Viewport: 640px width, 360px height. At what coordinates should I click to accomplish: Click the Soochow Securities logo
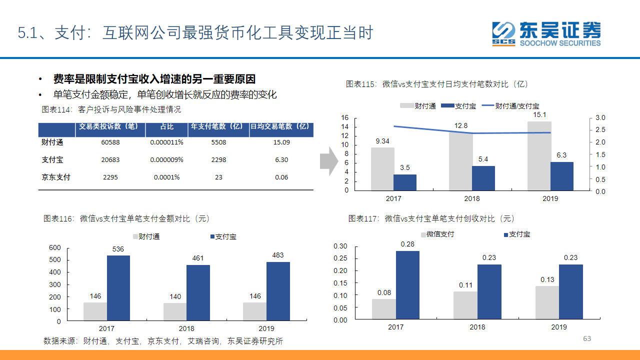(546, 34)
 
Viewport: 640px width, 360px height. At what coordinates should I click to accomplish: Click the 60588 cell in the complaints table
(110, 142)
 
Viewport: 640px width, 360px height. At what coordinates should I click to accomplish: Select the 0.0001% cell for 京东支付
(166, 177)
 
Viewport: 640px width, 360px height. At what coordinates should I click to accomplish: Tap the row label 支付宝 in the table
(52, 159)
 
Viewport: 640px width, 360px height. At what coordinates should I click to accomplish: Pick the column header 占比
(167, 126)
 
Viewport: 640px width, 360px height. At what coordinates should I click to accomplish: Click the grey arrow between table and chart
(329, 161)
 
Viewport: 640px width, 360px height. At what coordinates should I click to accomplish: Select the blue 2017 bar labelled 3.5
(405, 182)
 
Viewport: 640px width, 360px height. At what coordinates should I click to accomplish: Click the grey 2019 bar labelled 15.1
(539, 156)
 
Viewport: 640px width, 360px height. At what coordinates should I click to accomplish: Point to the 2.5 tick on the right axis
(600, 129)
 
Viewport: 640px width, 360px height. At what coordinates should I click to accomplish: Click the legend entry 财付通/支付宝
(510, 106)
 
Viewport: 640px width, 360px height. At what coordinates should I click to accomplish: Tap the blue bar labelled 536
(118, 288)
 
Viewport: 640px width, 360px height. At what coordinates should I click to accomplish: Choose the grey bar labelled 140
(175, 311)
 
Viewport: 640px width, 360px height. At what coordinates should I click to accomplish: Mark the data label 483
(277, 255)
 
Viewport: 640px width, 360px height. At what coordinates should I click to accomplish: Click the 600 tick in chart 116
(55, 247)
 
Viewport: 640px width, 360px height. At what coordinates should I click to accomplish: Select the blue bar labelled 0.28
(407, 285)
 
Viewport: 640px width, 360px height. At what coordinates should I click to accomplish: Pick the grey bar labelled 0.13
(547, 302)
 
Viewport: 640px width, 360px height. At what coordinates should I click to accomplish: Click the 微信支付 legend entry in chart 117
(437, 234)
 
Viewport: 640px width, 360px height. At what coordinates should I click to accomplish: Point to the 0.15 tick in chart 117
(340, 283)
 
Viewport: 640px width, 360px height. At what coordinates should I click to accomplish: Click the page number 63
(587, 338)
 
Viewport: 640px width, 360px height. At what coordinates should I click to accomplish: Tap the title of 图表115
(436, 84)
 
